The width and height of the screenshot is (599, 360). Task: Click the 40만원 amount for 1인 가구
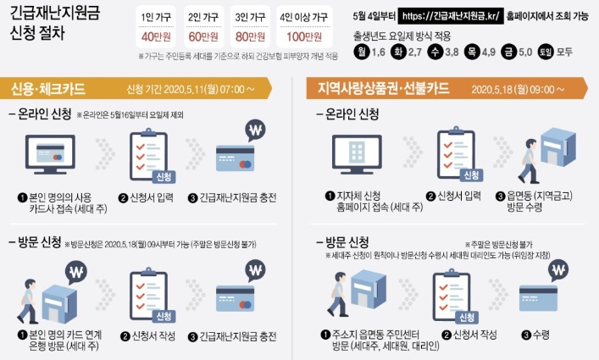(x=156, y=37)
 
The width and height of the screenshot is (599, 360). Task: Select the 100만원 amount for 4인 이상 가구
(x=304, y=37)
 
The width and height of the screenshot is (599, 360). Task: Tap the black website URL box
(x=451, y=16)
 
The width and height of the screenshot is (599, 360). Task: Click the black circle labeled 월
(x=361, y=52)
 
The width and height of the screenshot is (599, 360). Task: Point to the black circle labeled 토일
(x=546, y=52)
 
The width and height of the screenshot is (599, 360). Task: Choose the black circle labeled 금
(x=508, y=52)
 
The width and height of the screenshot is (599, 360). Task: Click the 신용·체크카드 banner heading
(x=47, y=89)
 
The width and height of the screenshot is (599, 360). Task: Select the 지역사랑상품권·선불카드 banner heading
(x=383, y=88)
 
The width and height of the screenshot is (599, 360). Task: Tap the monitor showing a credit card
(x=50, y=155)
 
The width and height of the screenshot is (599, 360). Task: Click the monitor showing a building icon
(x=357, y=154)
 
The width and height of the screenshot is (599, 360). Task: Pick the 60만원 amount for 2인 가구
(x=203, y=37)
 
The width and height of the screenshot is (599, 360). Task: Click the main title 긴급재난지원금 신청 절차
(x=54, y=23)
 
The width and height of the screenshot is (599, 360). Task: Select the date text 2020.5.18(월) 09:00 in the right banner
(x=513, y=90)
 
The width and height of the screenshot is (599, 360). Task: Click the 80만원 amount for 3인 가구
(x=250, y=37)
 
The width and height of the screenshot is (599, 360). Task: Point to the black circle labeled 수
(x=435, y=52)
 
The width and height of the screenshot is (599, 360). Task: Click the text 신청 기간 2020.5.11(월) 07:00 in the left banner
(x=186, y=89)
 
